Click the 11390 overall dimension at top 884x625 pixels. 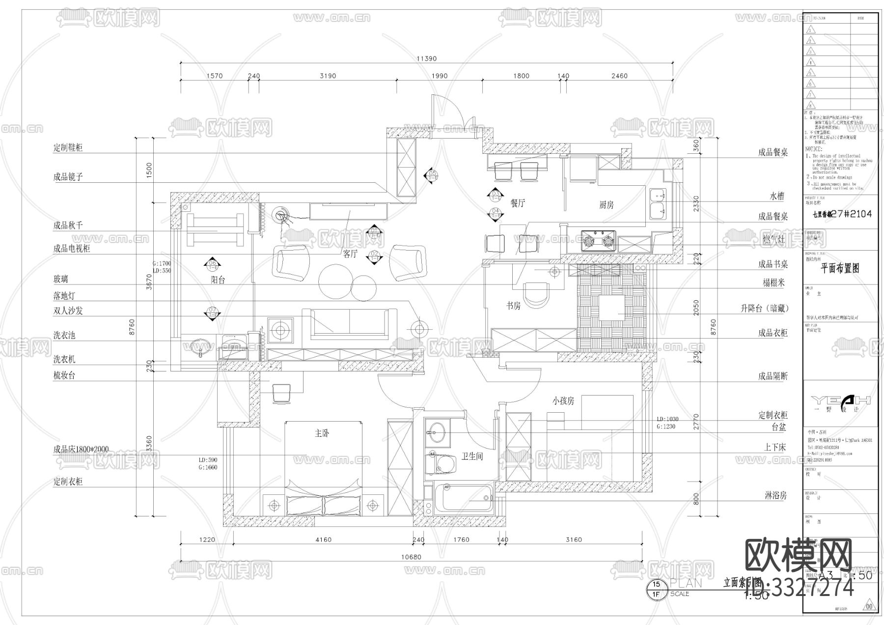[426, 58]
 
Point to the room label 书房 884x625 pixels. [513, 306]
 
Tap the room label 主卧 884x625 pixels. [322, 433]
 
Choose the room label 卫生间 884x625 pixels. [472, 456]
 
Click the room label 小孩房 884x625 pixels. [563, 401]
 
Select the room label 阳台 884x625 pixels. [218, 280]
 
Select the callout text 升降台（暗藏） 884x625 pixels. [764, 309]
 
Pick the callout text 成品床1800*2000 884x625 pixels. [81, 449]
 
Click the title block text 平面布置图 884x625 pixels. [840, 268]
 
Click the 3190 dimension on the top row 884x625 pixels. [328, 76]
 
